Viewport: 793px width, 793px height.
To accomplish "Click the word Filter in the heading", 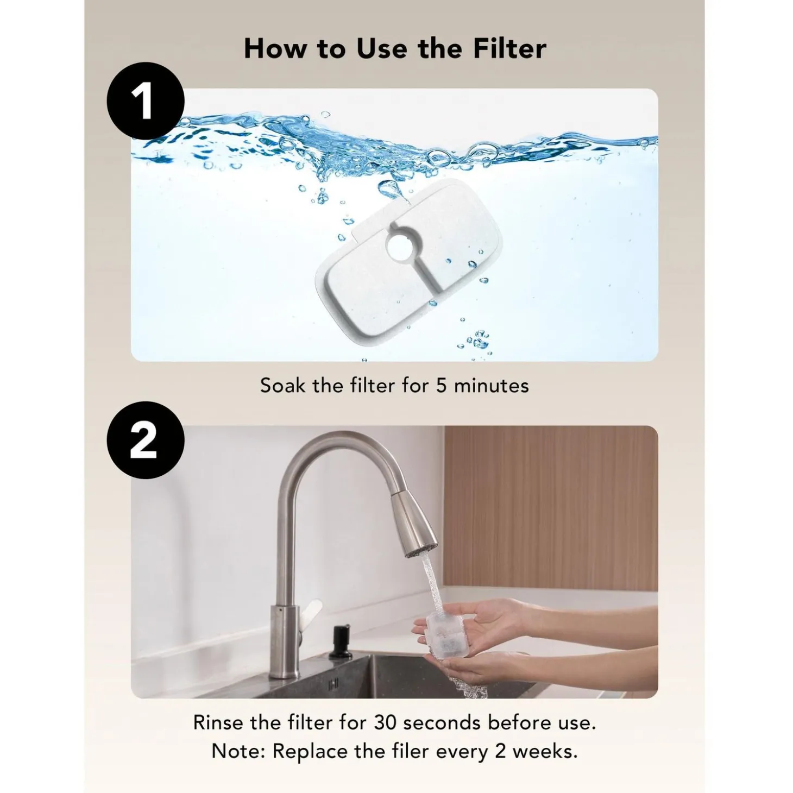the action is point(509,48).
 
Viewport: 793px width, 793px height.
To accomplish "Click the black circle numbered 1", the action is point(146,101).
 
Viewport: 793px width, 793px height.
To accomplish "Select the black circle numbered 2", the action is point(146,440).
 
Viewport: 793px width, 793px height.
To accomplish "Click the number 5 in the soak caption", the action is point(442,386).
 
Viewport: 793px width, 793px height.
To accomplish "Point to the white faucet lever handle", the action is point(313,613).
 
